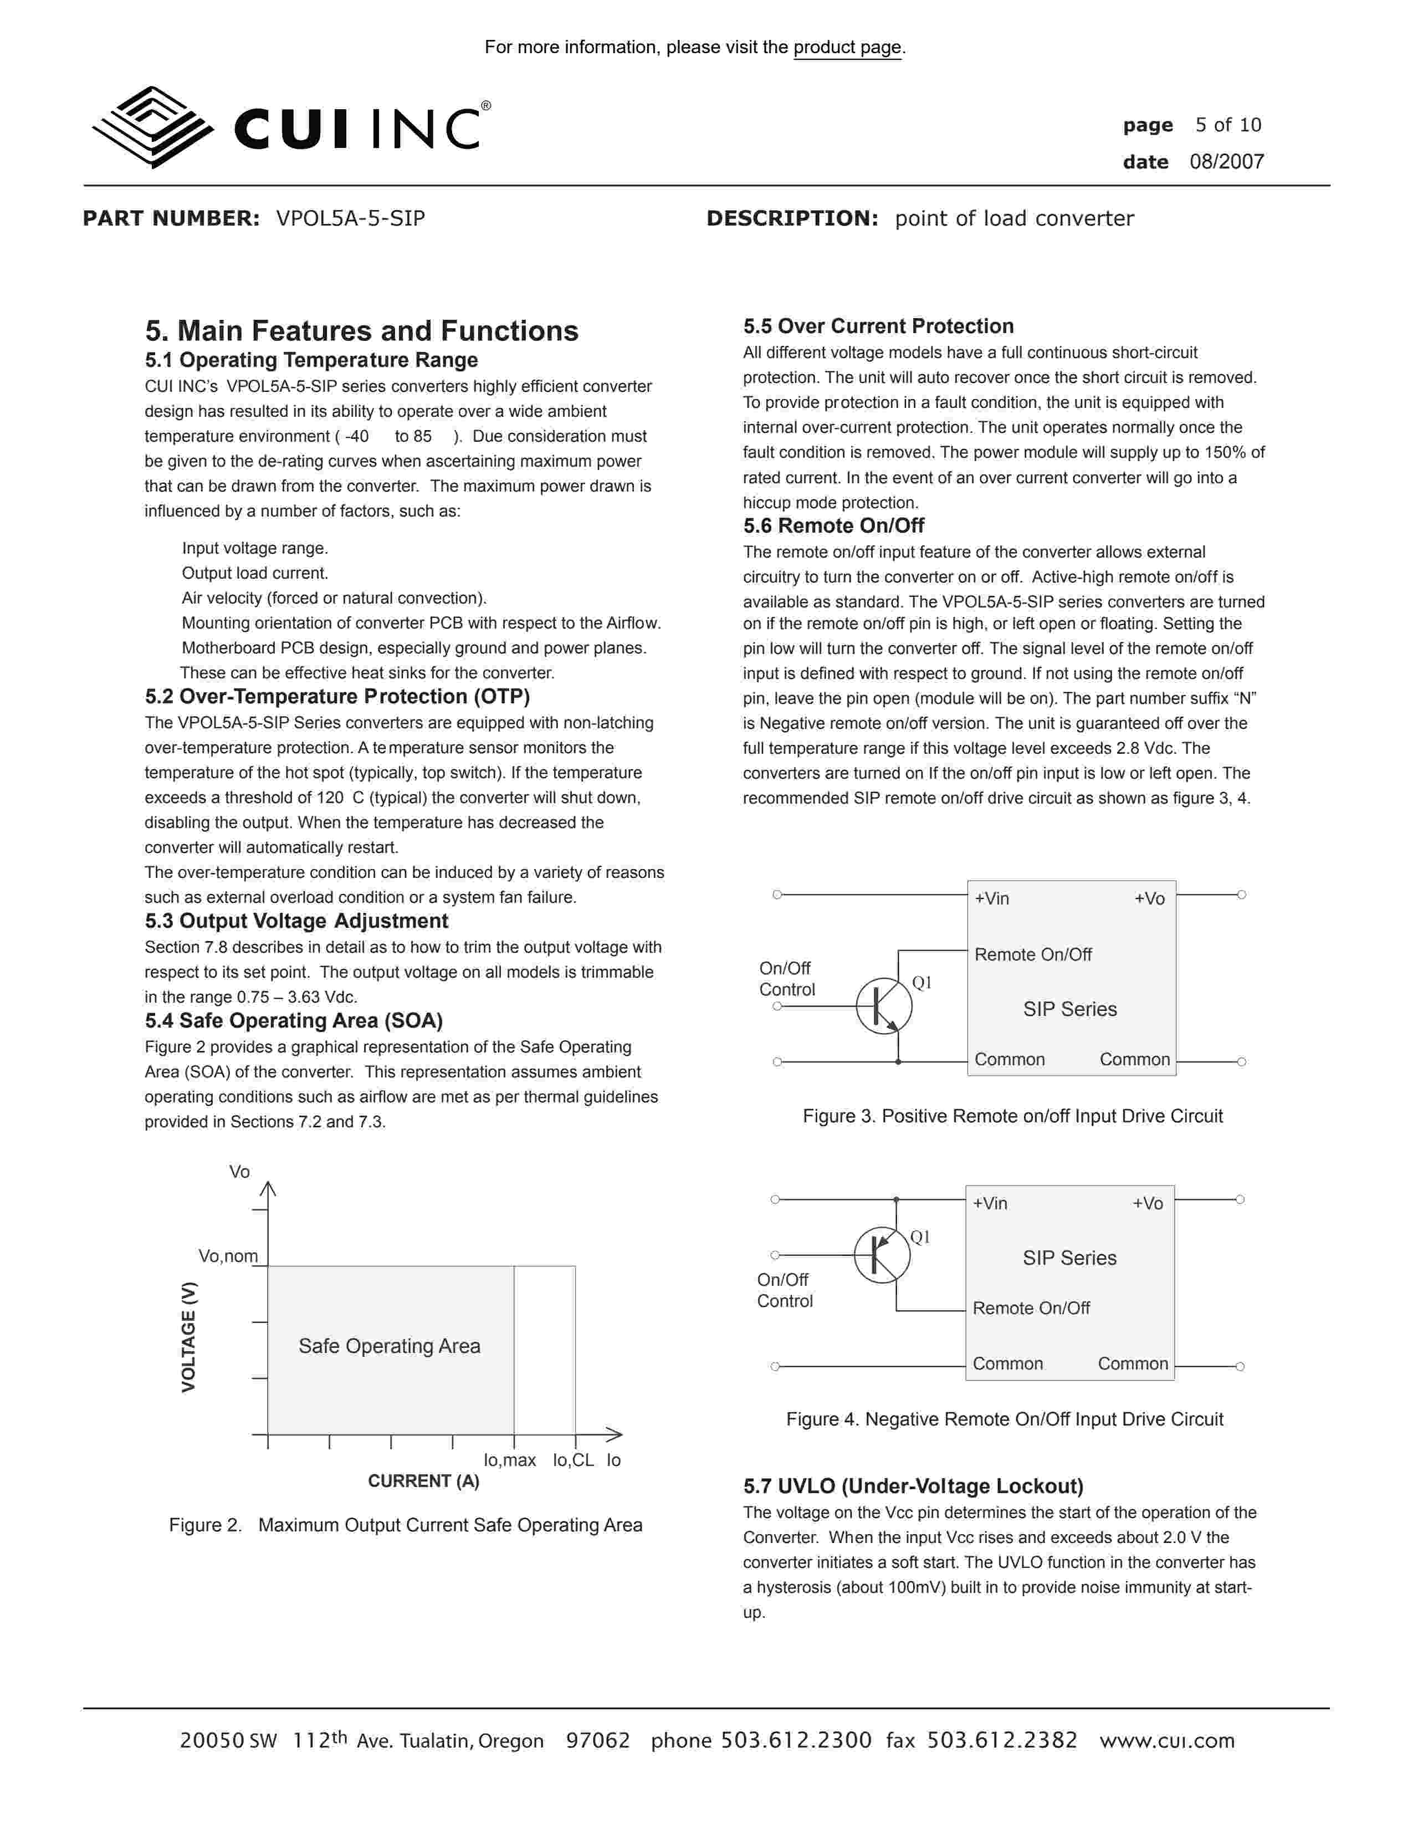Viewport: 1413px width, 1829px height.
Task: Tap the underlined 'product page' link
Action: (847, 48)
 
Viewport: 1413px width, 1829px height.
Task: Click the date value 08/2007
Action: (1226, 162)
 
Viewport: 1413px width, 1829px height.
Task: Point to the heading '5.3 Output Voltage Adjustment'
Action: (296, 921)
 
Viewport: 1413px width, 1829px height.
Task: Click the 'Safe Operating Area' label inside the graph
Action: (389, 1346)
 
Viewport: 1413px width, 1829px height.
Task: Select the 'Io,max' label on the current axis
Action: (509, 1460)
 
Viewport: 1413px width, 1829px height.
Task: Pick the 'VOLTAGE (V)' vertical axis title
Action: (188, 1337)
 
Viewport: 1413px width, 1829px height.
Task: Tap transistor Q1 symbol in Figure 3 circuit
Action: (884, 1006)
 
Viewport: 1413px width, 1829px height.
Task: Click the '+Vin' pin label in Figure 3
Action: (992, 898)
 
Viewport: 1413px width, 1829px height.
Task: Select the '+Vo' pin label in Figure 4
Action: (1148, 1203)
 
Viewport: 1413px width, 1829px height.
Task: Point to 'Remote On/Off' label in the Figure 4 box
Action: (1031, 1308)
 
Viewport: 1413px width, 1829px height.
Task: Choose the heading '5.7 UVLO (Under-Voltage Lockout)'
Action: (913, 1486)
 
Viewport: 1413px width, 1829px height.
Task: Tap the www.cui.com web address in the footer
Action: (1167, 1741)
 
